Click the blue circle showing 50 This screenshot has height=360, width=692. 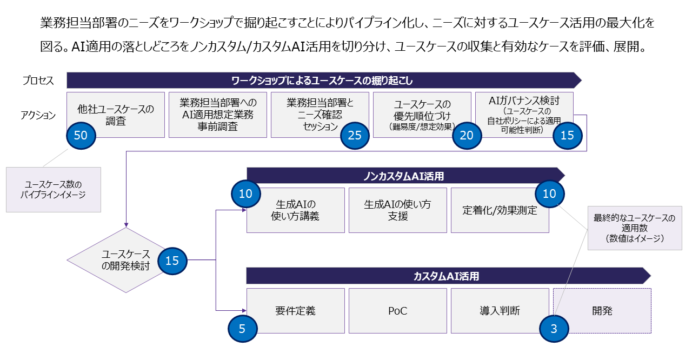pyautogui.click(x=81, y=136)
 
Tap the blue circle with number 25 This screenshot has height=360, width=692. pyautogui.click(x=355, y=136)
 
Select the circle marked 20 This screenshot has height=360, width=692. pyautogui.click(x=467, y=136)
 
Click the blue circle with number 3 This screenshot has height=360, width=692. pyautogui.click(x=554, y=328)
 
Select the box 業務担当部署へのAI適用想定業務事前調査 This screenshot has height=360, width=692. pyautogui.click(x=218, y=115)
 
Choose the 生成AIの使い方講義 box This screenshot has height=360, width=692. pyautogui.click(x=295, y=210)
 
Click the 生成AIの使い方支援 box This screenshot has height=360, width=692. pyautogui.click(x=397, y=210)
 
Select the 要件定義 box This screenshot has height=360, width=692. pyautogui.click(x=295, y=311)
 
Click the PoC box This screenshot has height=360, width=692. pyautogui.click(x=397, y=311)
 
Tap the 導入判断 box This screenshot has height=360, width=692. pyautogui.click(x=500, y=311)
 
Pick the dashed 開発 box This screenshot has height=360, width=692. pyautogui.click(x=602, y=311)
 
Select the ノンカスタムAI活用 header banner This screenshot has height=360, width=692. pyautogui.click(x=405, y=176)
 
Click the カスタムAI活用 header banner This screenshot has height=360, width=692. pyautogui.click(x=449, y=276)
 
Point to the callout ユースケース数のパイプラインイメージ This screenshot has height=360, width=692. pyautogui.click(x=53, y=189)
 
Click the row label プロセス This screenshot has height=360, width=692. pyautogui.click(x=38, y=81)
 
